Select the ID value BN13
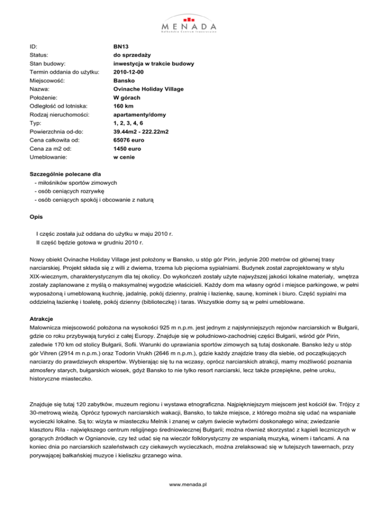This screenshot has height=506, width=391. (x=121, y=46)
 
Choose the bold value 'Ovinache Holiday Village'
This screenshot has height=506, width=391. (x=149, y=89)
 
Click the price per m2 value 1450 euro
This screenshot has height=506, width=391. (x=127, y=150)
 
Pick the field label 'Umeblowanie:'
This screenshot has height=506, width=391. (x=50, y=158)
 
